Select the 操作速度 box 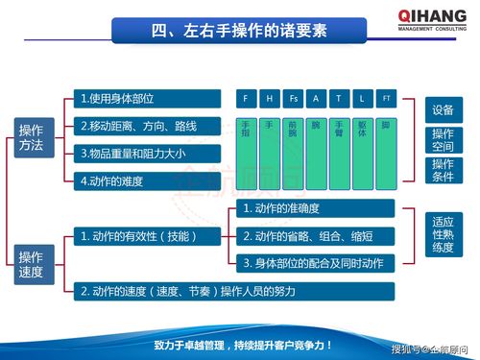pyautogui.click(x=32, y=264)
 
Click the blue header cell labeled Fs pyautogui.click(x=294, y=99)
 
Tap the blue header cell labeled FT pyautogui.click(x=386, y=99)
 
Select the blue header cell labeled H pyautogui.click(x=271, y=99)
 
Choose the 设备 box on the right pyautogui.click(x=443, y=109)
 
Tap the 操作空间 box pyautogui.click(x=443, y=140)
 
